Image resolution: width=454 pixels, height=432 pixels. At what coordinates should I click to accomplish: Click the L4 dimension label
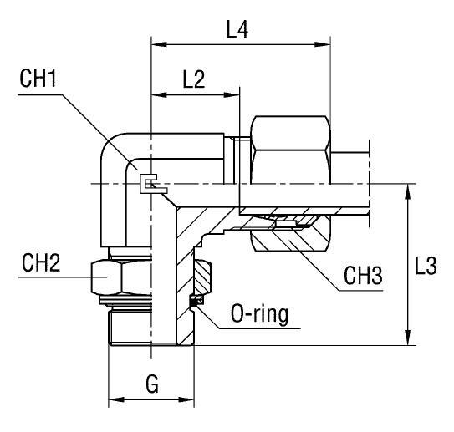point(238,30)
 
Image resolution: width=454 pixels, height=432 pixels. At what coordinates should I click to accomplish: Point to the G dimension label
point(151,384)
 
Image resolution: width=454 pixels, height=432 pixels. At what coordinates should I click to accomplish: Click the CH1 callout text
point(38,81)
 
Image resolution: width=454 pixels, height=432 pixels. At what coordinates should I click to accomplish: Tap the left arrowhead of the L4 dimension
point(156,43)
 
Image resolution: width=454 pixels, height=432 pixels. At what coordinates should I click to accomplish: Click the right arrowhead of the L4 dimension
point(326,43)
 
